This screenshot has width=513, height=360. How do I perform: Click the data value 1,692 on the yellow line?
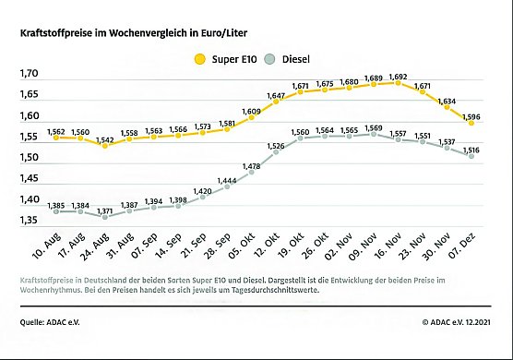(x=399, y=77)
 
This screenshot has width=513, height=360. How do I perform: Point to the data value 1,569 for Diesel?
(x=373, y=128)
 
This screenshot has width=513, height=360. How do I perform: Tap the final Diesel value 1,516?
(x=471, y=150)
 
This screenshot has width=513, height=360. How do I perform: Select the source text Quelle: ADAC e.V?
(x=49, y=322)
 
